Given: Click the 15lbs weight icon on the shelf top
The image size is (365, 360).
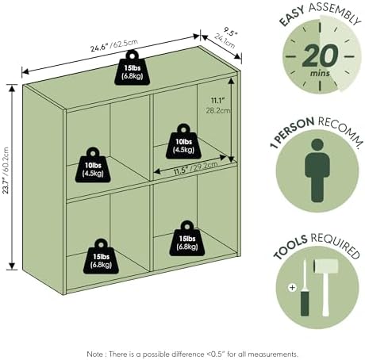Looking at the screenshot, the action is (133, 68).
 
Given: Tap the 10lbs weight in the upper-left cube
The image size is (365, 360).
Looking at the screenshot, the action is (93, 165).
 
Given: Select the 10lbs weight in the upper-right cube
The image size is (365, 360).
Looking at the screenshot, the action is (183, 142).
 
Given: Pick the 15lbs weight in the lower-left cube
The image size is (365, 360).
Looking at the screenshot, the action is (101, 257).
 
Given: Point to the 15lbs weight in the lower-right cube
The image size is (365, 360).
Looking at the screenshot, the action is (187, 239).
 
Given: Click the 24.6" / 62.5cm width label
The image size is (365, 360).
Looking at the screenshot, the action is (114, 45).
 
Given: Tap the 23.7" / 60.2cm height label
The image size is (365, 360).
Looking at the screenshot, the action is (6, 170).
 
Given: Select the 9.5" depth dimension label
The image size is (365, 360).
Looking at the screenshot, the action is (225, 37).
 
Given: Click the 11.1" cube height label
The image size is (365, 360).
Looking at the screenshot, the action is (217, 105).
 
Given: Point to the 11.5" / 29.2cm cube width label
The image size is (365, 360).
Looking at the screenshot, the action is (196, 168).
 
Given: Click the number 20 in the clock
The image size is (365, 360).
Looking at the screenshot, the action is (321, 56).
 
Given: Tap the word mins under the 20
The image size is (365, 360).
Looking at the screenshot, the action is (320, 73).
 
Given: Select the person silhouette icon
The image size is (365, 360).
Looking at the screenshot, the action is (317, 170).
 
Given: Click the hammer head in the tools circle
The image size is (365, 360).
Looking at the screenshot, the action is (326, 266).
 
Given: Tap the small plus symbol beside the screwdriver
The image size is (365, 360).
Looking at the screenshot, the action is (292, 287).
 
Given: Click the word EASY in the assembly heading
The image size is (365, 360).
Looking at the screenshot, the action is (291, 17).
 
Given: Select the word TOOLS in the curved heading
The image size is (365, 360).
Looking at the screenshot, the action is (290, 247).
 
